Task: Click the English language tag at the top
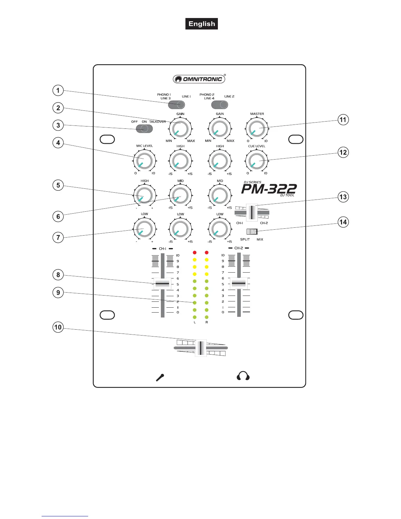201,24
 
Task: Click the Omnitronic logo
199,79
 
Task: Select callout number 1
58,90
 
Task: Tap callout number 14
343,222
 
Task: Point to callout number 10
58,327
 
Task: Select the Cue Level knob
257,161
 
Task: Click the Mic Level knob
144,161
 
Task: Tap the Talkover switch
144,128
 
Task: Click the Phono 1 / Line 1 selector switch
177,105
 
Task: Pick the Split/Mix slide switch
252,232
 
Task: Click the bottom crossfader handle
201,348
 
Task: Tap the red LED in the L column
195,253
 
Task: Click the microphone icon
160,377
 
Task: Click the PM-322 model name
269,189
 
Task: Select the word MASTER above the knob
257,114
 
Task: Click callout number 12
343,152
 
